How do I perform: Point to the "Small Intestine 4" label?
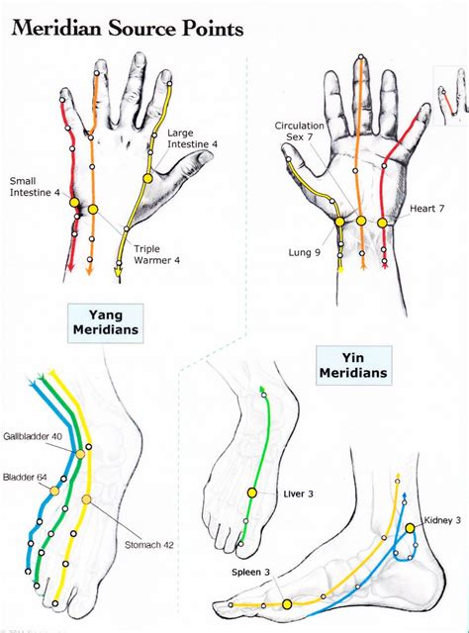point(34,185)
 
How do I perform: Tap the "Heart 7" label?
point(426,210)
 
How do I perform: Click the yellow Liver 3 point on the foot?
point(251,492)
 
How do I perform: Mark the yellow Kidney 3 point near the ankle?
point(410,528)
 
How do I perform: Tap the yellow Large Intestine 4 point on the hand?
point(147,178)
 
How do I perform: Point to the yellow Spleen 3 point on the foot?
point(286,603)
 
